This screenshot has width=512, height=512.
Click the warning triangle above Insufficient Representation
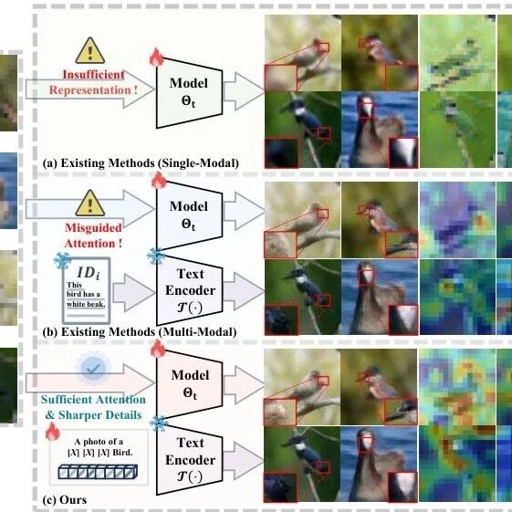(90, 50)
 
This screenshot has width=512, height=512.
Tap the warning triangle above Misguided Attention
(90, 204)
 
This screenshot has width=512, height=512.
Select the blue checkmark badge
(93, 369)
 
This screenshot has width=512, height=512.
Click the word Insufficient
(93, 75)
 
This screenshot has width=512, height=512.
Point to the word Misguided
(93, 227)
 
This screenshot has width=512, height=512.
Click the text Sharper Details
(99, 415)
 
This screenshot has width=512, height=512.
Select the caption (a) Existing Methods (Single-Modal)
(141, 163)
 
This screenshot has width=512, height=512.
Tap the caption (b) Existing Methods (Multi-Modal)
(140, 332)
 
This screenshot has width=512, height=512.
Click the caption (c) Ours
(65, 500)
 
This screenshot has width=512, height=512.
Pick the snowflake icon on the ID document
(62, 261)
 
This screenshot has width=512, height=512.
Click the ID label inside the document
(89, 273)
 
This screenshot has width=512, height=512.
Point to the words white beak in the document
(86, 304)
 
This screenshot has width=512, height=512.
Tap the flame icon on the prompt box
(53, 431)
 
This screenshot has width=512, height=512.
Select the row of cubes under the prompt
(98, 472)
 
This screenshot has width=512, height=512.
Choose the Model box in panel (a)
(190, 93)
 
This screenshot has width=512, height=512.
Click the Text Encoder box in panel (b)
(190, 290)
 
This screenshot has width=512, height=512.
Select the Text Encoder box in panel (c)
(190, 459)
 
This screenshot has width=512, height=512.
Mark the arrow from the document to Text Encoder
(133, 293)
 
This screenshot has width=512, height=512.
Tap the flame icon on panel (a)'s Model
(157, 57)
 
